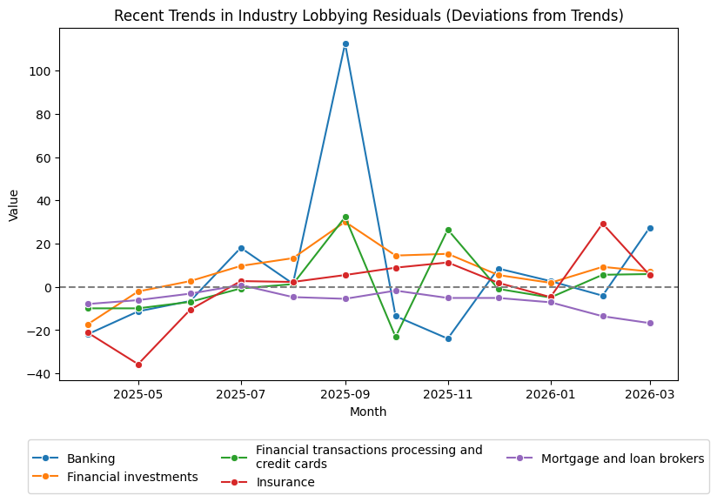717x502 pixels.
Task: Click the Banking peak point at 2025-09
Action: click(345, 44)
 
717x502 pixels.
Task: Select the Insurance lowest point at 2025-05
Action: click(138, 365)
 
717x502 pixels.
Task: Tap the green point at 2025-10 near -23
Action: click(396, 337)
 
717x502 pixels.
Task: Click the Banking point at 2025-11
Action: click(448, 338)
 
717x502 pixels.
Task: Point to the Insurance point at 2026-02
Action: click(603, 224)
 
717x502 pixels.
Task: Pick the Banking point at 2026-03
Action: click(650, 228)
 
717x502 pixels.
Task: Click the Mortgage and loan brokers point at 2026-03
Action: click(650, 323)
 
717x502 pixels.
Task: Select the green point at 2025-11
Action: click(448, 230)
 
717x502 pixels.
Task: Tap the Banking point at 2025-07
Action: click(241, 248)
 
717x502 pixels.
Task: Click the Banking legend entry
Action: click(90, 458)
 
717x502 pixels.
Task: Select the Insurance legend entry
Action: click(285, 482)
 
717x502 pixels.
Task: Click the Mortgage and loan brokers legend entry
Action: click(622, 458)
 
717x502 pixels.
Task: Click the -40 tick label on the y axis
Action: click(39, 374)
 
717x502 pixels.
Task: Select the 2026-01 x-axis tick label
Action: click(551, 393)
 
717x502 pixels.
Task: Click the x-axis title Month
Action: click(368, 412)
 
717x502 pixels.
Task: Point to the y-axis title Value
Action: click(13, 204)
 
